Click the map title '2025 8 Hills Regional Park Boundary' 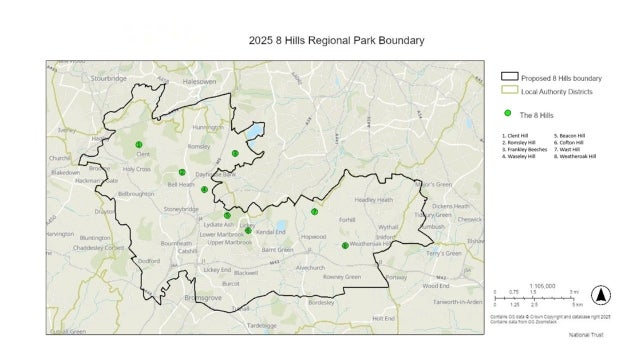pos(336,41)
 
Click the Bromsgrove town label pos(181,297)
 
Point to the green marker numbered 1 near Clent pos(139,145)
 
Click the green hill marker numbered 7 pos(314,212)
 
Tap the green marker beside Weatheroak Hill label pos(345,245)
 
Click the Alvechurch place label pos(311,268)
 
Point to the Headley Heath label pos(373,200)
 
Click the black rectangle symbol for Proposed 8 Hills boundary pos(509,76)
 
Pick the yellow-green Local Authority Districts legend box pos(509,91)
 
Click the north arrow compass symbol pos(601,295)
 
